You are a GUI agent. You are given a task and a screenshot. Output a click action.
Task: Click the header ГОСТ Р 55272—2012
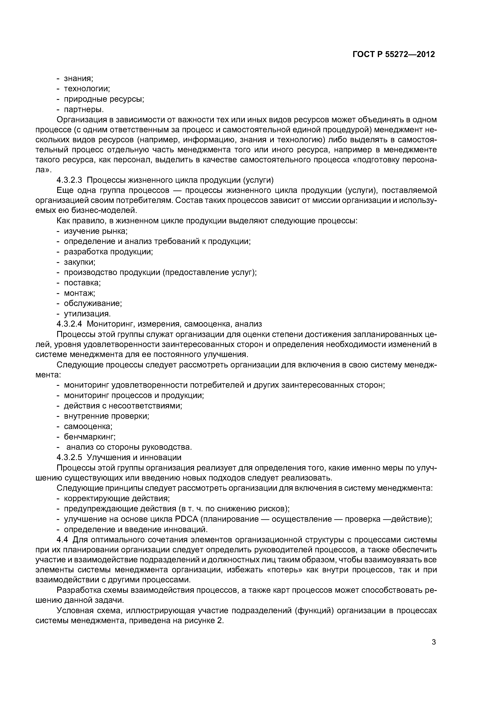[393, 55]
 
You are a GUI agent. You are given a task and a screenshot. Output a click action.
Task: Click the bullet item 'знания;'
[78, 79]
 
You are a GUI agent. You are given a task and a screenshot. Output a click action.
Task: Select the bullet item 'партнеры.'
[84, 109]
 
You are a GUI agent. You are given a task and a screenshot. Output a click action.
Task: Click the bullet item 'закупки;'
[79, 262]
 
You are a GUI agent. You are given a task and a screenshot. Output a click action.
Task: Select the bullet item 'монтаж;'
[79, 293]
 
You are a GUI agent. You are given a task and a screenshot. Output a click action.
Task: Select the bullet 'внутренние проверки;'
[106, 416]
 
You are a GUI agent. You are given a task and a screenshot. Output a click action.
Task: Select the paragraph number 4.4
[63, 540]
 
